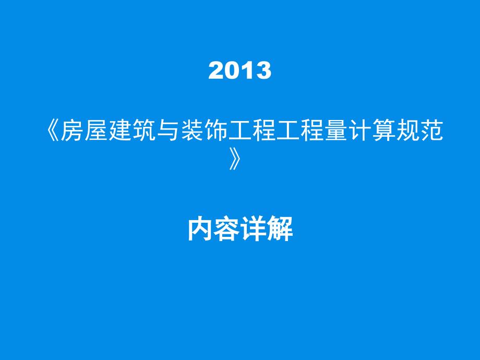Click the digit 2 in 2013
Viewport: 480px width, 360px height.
[x=216, y=70]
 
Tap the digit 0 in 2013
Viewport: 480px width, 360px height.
[x=232, y=70]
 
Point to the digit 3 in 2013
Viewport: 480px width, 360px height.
[x=263, y=70]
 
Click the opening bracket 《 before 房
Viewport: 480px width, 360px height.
[x=53, y=130]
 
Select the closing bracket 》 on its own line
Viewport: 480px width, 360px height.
[x=234, y=159]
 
